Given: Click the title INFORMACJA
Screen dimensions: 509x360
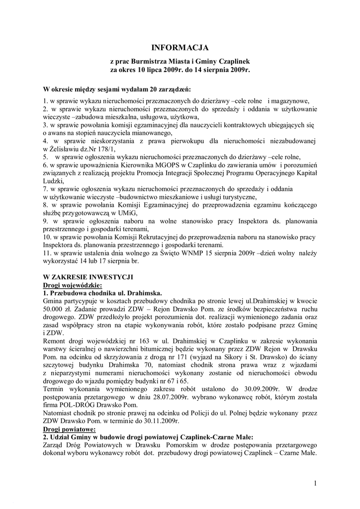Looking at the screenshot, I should pos(180,48).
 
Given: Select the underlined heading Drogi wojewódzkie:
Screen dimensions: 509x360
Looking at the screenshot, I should pos(72,285).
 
